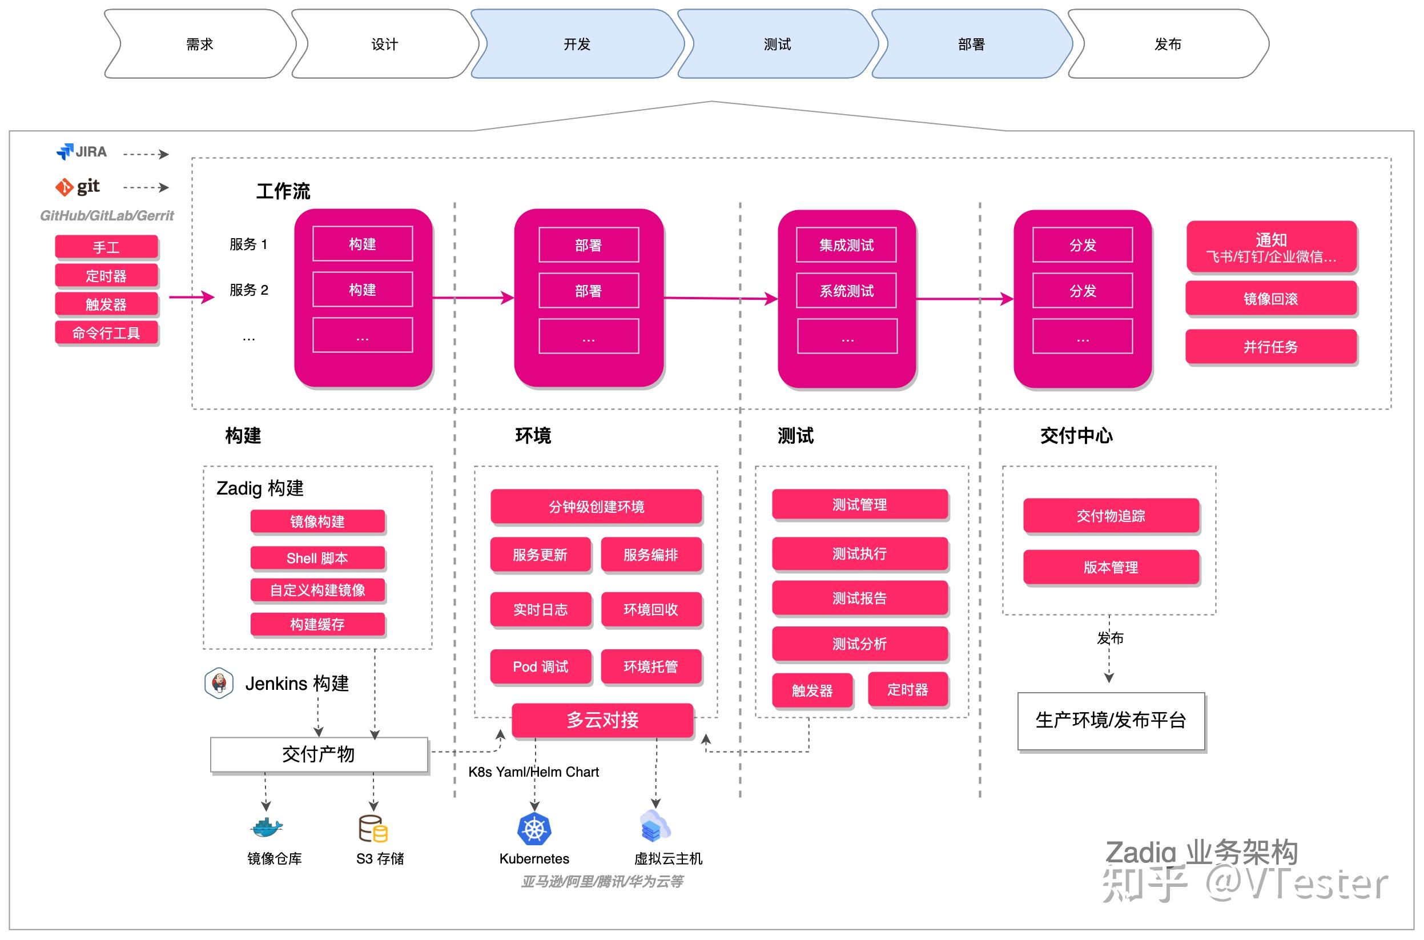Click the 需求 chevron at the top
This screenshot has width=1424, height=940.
coord(200,44)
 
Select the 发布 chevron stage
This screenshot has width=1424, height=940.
coord(1167,44)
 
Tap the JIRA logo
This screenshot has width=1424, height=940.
coord(82,152)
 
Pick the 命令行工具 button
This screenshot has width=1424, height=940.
coord(106,333)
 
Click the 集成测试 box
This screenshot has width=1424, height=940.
coord(846,244)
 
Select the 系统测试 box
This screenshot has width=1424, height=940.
coord(846,291)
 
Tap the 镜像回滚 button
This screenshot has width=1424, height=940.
coord(1270,298)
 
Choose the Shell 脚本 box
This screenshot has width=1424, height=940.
coord(317,557)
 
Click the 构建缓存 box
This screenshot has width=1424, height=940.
coord(317,624)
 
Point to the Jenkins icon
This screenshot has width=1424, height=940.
coord(219,683)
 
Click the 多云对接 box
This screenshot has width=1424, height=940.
coord(602,720)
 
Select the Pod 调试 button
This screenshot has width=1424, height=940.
coord(540,666)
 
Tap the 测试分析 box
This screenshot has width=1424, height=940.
coord(859,643)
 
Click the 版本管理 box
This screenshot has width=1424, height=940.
coord(1111,567)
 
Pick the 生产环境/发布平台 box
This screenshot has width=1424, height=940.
coord(1111,720)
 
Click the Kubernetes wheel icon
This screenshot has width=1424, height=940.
coord(534,829)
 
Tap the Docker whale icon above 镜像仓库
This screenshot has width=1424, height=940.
coord(266,827)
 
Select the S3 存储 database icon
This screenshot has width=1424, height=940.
coord(373,829)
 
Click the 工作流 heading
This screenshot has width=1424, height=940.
coord(283,191)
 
